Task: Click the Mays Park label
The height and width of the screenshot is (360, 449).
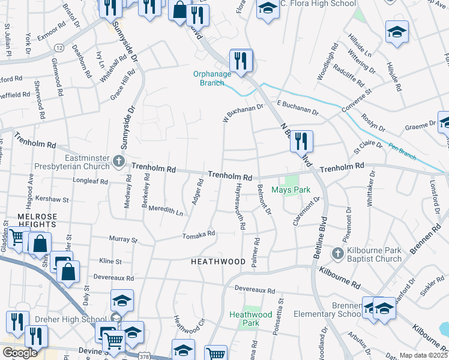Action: (291, 190)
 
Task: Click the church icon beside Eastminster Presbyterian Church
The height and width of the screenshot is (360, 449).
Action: (119, 161)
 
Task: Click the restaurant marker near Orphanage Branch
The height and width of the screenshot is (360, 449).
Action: (241, 61)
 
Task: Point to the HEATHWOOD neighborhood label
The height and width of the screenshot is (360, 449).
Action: (218, 262)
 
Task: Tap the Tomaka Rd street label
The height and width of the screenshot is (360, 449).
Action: (199, 235)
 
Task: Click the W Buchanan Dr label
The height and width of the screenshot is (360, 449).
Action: (243, 112)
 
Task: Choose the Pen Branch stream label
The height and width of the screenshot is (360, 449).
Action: (403, 151)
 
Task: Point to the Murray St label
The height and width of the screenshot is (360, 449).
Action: (124, 239)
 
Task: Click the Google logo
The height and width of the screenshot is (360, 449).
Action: (20, 353)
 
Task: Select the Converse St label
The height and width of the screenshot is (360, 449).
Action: (357, 100)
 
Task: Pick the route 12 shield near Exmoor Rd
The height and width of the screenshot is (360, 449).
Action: (59, 47)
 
